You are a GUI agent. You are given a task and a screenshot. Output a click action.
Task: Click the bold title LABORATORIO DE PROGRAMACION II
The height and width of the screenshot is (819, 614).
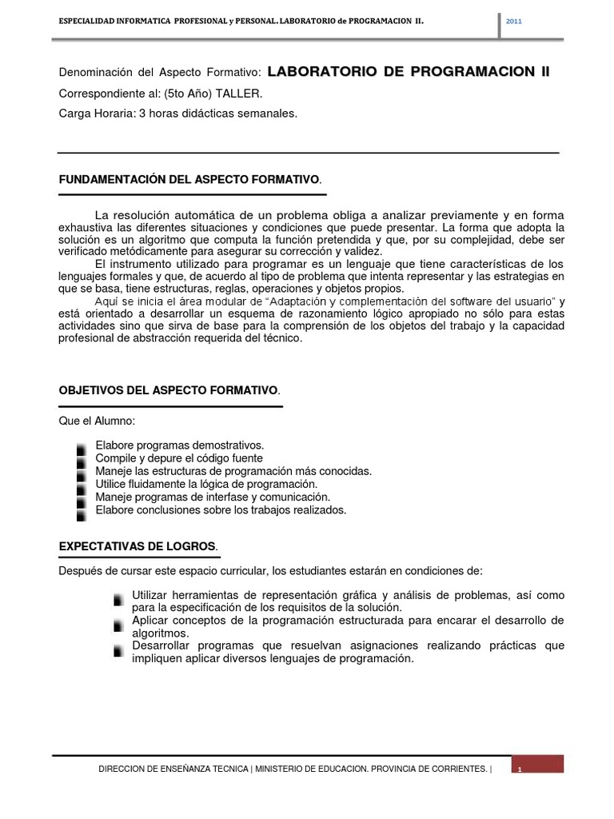click(x=409, y=72)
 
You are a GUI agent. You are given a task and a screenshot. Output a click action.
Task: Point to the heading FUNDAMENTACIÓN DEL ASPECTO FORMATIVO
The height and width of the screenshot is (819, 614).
click(x=190, y=180)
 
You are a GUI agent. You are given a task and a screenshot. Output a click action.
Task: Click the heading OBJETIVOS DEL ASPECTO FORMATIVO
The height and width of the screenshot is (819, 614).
click(x=169, y=390)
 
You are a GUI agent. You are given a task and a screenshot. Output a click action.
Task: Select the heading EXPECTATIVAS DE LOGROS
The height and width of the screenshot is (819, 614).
click(x=138, y=545)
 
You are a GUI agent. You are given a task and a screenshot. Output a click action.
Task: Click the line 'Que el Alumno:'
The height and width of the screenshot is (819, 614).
click(x=92, y=421)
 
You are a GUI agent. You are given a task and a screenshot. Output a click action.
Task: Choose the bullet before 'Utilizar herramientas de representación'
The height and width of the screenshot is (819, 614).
click(x=119, y=597)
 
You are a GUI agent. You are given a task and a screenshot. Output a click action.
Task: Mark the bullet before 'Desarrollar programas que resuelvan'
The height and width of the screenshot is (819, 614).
click(x=119, y=648)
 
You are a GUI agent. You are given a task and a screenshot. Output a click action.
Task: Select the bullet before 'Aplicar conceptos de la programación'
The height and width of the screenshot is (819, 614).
click(x=119, y=622)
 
